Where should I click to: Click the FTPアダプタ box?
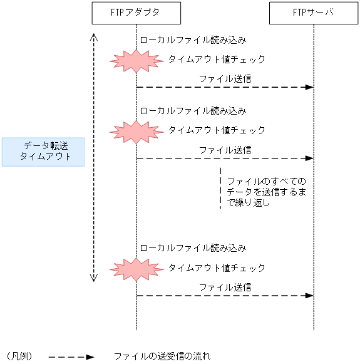(x=136, y=13)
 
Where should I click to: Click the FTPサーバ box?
(x=314, y=13)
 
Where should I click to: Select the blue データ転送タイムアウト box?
(x=43, y=152)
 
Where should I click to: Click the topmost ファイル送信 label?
(x=225, y=79)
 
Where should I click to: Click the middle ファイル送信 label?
(x=225, y=150)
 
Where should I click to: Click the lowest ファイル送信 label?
(x=225, y=288)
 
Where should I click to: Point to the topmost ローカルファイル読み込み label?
(x=193, y=39)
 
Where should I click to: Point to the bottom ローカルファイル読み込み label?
(x=193, y=248)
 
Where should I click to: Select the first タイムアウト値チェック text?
(x=217, y=60)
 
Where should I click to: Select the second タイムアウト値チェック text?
(x=217, y=130)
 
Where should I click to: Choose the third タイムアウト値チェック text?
(x=217, y=268)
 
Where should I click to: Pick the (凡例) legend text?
(x=19, y=356)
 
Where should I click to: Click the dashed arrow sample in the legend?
(x=71, y=357)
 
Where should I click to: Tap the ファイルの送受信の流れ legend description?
(x=162, y=356)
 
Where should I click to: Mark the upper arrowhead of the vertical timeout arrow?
(x=93, y=36)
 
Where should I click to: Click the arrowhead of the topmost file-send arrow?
(x=309, y=87)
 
